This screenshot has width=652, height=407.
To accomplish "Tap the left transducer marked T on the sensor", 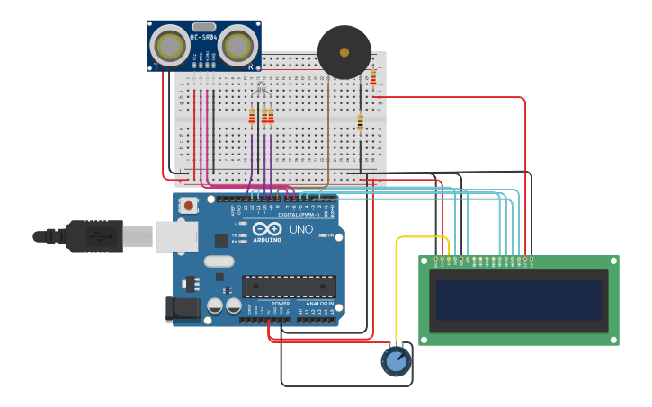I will click(x=169, y=44).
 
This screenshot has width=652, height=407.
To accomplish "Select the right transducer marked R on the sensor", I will click(x=237, y=45).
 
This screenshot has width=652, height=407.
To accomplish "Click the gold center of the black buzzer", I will click(x=344, y=52).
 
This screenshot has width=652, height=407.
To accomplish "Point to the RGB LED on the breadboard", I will click(x=261, y=89).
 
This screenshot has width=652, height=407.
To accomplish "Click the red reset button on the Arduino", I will click(x=189, y=206).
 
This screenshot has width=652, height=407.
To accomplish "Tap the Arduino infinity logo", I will click(x=267, y=230).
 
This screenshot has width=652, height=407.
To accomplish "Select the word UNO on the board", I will click(x=300, y=230).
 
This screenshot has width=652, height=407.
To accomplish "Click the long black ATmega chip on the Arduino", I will click(x=289, y=287).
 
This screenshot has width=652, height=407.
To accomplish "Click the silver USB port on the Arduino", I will click(x=176, y=236).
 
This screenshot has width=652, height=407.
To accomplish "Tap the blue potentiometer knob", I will click(x=396, y=361).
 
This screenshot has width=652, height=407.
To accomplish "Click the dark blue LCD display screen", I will click(x=519, y=300).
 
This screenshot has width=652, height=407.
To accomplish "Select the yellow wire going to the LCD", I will click(x=397, y=288).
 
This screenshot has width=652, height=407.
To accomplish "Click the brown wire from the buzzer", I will click(x=328, y=135).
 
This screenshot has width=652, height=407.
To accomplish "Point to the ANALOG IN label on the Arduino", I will click(x=319, y=304).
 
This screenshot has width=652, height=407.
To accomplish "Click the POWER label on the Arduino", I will click(x=281, y=304).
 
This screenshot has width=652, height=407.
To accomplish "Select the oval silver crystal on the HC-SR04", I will click(x=204, y=27).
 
